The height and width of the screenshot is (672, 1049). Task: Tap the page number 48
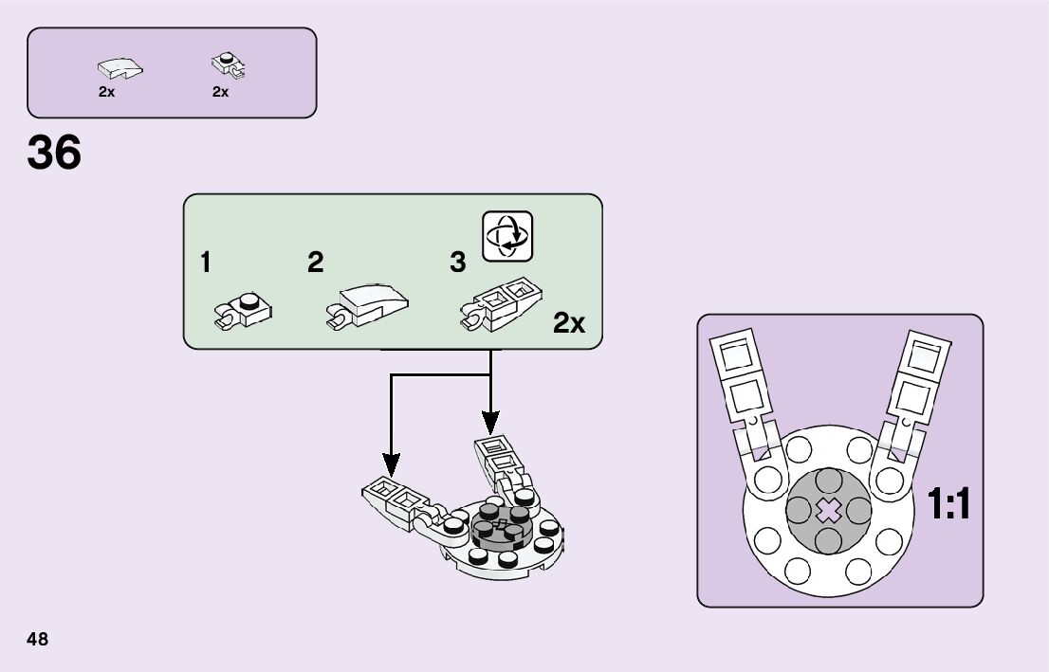tap(38, 639)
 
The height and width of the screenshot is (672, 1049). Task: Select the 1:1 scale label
tap(949, 505)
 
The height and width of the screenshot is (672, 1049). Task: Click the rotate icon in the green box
tap(508, 236)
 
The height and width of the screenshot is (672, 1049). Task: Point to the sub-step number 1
tap(206, 263)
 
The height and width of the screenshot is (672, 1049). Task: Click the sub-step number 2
tap(316, 263)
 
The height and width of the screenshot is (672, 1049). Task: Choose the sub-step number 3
tap(458, 263)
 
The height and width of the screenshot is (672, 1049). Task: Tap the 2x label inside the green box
tap(569, 324)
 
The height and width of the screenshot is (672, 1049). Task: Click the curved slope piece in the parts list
tap(120, 67)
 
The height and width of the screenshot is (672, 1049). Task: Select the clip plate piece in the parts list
tap(227, 65)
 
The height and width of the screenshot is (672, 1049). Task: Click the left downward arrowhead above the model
tap(391, 464)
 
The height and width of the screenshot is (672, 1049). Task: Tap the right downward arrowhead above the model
tap(490, 422)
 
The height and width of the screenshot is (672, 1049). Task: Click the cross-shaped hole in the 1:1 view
tap(829, 512)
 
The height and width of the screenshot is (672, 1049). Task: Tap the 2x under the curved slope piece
tap(106, 92)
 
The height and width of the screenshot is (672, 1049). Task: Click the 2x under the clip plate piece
tap(220, 92)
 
